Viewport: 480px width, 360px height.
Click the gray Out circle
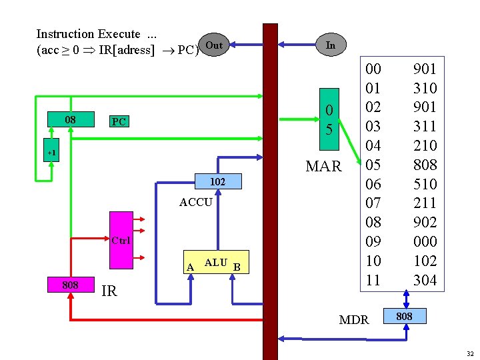[x=214, y=45]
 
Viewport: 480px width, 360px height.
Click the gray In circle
[x=330, y=45]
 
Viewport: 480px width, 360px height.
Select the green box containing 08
[x=70, y=120]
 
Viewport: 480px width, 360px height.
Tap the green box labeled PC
[x=119, y=121]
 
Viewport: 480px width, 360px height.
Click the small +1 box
[x=51, y=153]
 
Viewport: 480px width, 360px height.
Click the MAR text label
[x=323, y=166]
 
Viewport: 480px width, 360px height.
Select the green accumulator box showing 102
[x=217, y=181]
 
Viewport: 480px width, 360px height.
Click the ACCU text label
[x=196, y=202]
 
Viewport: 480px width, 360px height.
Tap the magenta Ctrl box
[x=121, y=239]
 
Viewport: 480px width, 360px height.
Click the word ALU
[x=215, y=263]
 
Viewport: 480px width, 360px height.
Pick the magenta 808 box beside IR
[x=70, y=285]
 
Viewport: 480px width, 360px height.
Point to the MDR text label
[x=354, y=320]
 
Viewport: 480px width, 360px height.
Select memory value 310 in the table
[x=425, y=88]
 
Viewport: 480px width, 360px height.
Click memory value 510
[x=425, y=184]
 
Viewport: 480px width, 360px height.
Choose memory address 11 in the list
[x=373, y=280]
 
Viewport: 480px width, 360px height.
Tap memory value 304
[x=425, y=280]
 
